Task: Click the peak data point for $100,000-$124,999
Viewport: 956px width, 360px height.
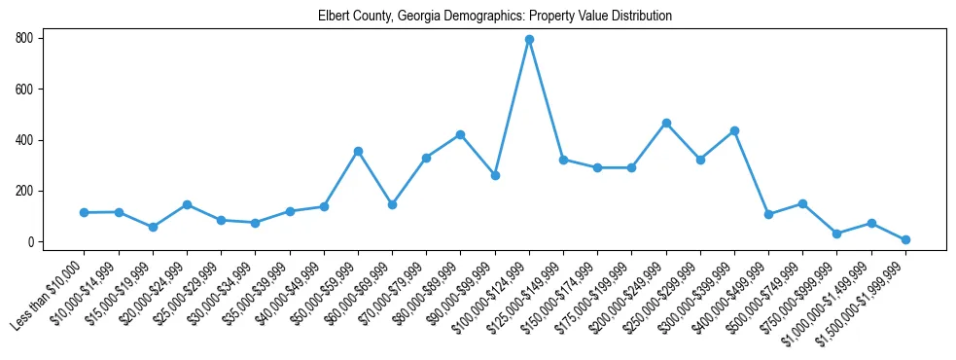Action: click(x=529, y=40)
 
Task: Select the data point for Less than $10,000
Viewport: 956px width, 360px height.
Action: click(x=85, y=212)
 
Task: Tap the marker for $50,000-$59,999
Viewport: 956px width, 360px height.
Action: click(x=358, y=151)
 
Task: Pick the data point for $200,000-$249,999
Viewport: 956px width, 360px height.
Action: click(x=666, y=123)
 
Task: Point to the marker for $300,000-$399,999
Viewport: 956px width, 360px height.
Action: click(x=734, y=130)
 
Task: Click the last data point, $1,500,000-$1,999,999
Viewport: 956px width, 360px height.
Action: click(x=905, y=239)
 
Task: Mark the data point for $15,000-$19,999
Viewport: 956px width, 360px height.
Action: click(x=153, y=227)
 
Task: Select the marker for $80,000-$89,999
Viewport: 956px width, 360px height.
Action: click(x=461, y=134)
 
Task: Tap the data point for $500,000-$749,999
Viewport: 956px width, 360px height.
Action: click(x=802, y=203)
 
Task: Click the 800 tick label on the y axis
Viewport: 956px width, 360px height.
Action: click(x=24, y=39)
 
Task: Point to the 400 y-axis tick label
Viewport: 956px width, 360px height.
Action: click(x=24, y=140)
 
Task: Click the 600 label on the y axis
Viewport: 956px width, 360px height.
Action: click(x=24, y=90)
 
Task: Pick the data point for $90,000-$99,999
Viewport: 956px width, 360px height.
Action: click(x=495, y=175)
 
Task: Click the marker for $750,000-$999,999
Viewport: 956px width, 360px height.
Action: click(x=836, y=234)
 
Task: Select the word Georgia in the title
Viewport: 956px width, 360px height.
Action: click(x=417, y=17)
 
